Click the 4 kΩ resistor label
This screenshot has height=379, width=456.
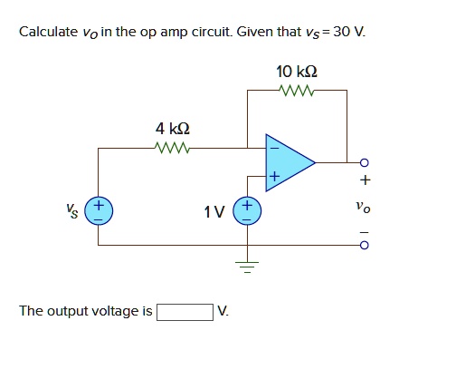coord(172,128)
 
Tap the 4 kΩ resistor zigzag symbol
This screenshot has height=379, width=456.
coord(172,148)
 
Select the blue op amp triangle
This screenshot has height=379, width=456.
coord(288,163)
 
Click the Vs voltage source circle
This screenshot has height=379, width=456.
coord(99,213)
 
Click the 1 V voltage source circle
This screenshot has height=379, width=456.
coord(248,213)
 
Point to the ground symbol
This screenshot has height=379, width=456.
coord(248,264)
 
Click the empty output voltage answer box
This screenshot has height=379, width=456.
coord(185,312)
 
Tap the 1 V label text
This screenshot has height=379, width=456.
coord(214,213)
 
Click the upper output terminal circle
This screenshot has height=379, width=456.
coord(364,164)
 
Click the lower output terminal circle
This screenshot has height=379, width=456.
coord(364,245)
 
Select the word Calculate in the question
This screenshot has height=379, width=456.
coord(49,34)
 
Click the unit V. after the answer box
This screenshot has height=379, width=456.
coord(223,312)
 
